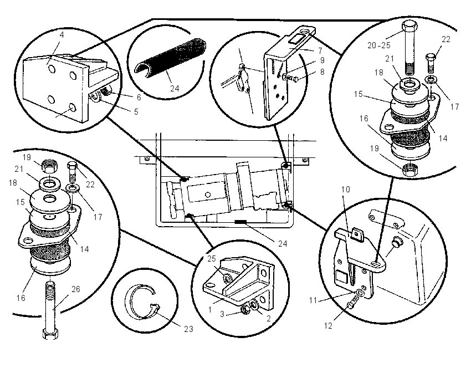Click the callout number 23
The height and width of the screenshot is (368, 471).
pos(188,329)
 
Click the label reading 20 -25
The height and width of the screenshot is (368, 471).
pos(379,45)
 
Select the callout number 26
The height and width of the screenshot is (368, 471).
pos(76,289)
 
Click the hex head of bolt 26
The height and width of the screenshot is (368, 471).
pos(50,334)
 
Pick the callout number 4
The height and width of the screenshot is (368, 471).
pos(62,34)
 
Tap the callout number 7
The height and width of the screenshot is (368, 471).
pos(320,50)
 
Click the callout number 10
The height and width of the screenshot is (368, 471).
pos(346,189)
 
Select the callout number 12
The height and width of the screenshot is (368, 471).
pos(328,326)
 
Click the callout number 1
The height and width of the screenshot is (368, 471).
pos(210,309)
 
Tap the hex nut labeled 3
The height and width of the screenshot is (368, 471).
pos(245,309)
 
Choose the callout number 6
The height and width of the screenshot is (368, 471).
pos(139,97)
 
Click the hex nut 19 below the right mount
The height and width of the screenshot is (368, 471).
pos(409,170)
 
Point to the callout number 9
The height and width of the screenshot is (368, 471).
pos(322,60)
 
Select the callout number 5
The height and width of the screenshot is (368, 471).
pos(136,112)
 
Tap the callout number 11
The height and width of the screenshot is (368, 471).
pos(313,300)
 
